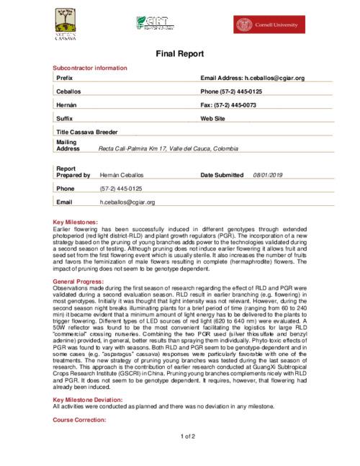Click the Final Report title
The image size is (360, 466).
[180, 54]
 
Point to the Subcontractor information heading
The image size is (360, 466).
[91, 67]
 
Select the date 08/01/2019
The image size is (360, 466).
[269, 175]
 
